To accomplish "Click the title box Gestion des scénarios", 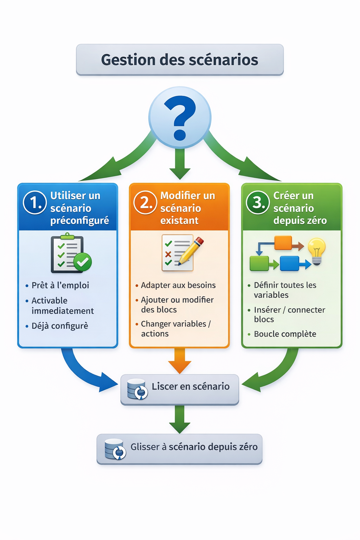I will (180, 60).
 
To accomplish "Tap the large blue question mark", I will (180, 117).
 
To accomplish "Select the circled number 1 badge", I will (35, 202).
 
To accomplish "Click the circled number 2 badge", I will (145, 202).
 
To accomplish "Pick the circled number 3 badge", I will (258, 202).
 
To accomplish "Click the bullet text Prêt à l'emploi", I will (60, 285).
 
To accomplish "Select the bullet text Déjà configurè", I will (60, 326).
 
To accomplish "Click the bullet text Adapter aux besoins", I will (178, 285).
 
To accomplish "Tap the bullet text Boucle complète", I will (285, 334).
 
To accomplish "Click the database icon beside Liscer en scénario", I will (137, 389).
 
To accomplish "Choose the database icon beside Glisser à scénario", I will (115, 449).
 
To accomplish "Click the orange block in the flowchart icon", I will (283, 243).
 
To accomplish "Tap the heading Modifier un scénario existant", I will (187, 208).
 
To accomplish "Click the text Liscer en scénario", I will (191, 386).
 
